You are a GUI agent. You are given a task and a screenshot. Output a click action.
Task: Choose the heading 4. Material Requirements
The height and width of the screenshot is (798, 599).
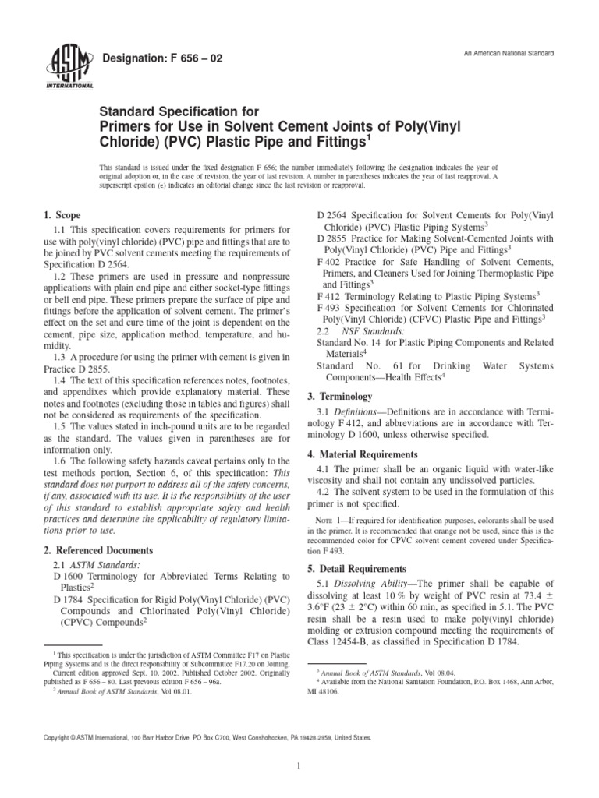371,454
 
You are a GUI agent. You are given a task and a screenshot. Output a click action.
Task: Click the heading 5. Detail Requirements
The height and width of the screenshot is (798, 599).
362,568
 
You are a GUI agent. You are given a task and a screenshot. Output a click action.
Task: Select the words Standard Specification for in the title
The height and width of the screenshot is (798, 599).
172,113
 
